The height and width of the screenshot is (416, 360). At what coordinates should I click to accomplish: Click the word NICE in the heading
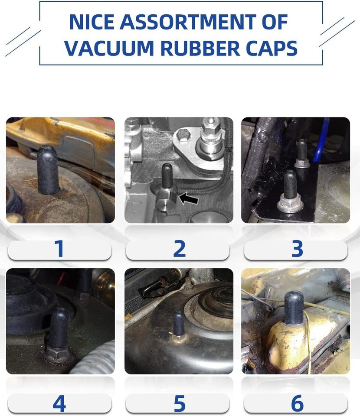(92, 22)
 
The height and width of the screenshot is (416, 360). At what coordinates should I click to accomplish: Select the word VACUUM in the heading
(109, 48)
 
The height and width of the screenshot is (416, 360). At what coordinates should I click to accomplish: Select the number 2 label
(180, 249)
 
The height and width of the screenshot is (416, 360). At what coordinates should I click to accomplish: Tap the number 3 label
(298, 249)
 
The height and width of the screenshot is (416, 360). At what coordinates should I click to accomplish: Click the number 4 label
(59, 403)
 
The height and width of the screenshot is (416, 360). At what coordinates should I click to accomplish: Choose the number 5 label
(180, 403)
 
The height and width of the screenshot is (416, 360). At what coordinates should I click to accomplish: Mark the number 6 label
(297, 403)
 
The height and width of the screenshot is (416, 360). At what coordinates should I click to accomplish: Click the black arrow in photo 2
(189, 198)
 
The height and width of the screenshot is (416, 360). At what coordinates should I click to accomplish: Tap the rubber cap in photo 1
(48, 170)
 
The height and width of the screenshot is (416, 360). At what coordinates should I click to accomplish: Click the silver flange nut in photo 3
(290, 204)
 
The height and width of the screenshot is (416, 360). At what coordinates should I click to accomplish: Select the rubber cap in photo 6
(294, 308)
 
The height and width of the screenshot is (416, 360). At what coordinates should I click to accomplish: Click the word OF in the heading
(275, 22)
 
